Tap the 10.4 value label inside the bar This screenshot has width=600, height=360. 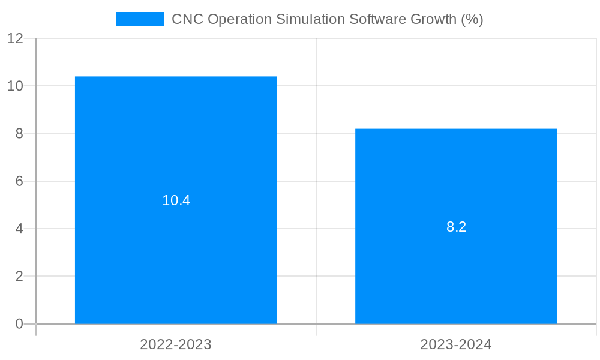tap(176, 200)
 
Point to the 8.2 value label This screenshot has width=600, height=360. tap(456, 227)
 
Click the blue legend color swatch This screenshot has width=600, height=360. tap(140, 19)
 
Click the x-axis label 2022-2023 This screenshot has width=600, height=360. tap(176, 344)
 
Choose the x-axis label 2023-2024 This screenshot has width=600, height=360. tap(456, 344)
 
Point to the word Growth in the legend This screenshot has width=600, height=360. tap(433, 19)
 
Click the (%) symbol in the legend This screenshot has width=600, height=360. tap(472, 19)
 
